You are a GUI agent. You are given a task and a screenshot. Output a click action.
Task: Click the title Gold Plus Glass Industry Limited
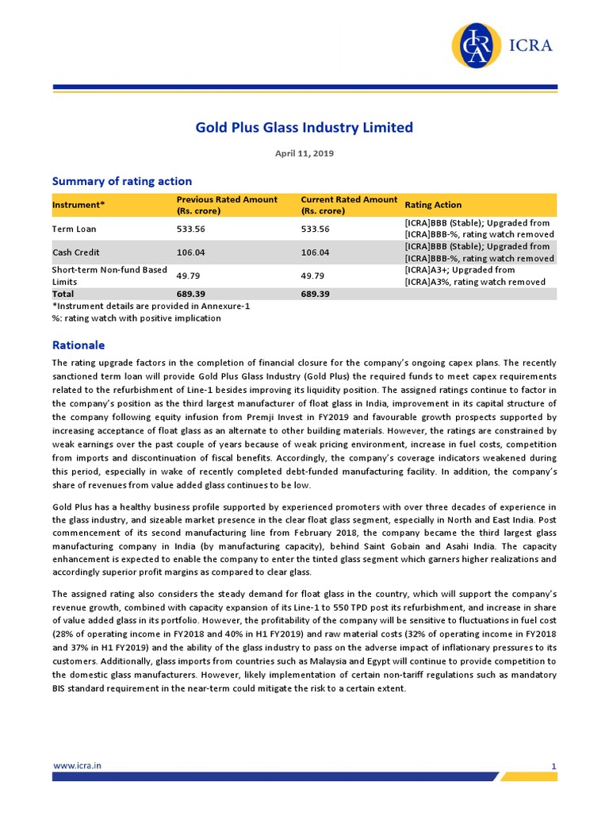pos(304,127)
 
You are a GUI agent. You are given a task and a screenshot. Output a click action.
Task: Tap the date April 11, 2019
pos(304,153)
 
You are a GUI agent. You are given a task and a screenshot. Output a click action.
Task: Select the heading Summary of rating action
pos(121,181)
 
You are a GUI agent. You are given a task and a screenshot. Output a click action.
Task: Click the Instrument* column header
pos(79,205)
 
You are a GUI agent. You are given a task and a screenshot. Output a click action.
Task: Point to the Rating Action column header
pos(433,205)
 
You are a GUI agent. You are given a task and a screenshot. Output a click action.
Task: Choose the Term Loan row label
pos(75,229)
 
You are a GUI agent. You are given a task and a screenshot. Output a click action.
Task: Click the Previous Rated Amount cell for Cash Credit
pos(190,252)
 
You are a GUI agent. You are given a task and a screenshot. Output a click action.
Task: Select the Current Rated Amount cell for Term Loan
pos(315,229)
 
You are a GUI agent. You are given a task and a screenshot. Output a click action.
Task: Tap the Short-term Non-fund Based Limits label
pos(109,275)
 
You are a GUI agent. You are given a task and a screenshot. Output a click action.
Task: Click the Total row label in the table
pos(63,294)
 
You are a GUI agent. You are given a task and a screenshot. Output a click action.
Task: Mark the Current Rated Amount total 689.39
pos(315,294)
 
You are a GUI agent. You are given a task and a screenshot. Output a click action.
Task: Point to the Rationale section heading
pos(78,346)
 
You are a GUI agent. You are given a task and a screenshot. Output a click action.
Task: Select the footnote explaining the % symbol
pos(136,318)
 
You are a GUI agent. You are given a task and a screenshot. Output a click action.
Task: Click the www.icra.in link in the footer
pos(77,765)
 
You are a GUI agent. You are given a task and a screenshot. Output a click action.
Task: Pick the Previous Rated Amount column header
pos(227,205)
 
